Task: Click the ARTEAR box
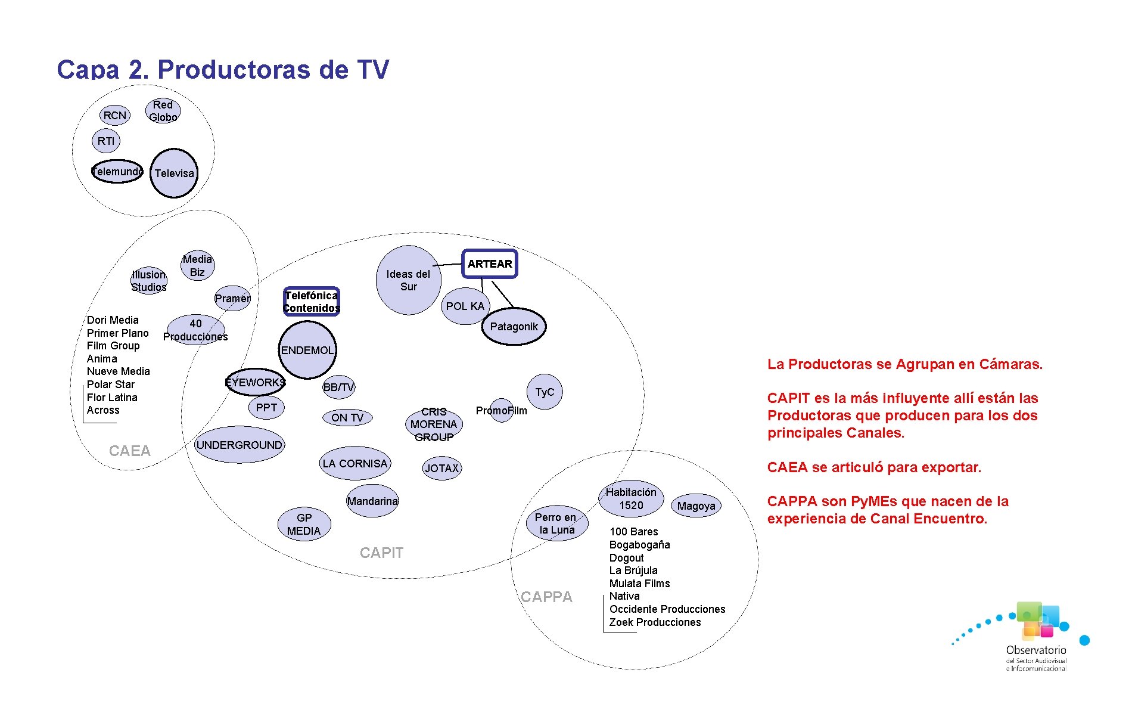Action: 490,264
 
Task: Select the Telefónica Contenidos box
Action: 312,302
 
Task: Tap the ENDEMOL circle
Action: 307,350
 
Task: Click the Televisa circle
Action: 174,173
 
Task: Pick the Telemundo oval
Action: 117,172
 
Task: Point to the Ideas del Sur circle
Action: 408,280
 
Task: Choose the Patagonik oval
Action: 514,327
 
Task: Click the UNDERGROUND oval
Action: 240,445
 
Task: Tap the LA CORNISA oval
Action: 355,463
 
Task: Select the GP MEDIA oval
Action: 304,525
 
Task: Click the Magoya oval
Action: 696,506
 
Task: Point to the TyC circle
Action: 545,392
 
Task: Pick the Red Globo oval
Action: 163,111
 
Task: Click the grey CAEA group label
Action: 130,451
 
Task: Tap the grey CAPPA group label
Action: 546,597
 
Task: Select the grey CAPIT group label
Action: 381,553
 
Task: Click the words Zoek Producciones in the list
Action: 655,622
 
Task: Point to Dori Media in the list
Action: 113,320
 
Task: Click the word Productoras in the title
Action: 234,70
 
